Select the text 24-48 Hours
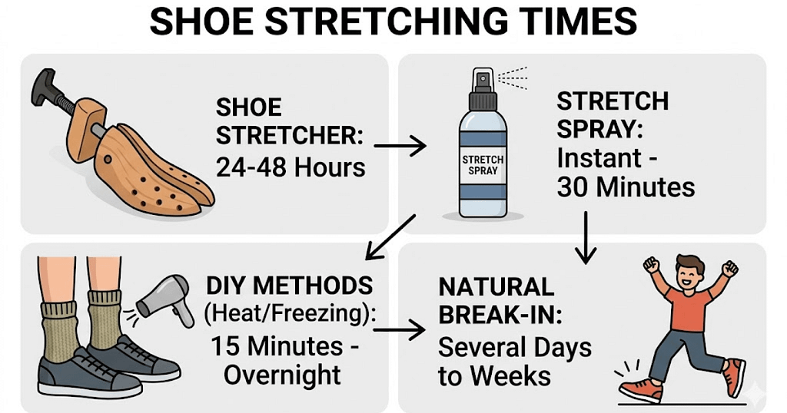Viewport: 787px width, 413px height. [291, 167]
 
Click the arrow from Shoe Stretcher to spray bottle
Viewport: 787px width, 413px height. [400, 146]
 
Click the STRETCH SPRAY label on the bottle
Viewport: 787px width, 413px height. [483, 165]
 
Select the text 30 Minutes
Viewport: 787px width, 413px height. [626, 187]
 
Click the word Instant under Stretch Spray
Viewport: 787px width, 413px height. [599, 158]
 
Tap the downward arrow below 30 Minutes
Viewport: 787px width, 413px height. [586, 237]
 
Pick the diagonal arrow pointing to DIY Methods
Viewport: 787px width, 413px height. [390, 237]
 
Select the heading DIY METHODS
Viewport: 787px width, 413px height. [290, 286]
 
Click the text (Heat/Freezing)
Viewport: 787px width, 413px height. [290, 314]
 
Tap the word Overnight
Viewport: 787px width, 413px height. [282, 375]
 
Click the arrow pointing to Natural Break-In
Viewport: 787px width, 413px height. [400, 330]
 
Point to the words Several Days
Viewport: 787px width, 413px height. [514, 347]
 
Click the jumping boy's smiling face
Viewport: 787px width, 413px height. [689, 275]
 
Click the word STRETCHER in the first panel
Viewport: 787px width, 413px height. [290, 136]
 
